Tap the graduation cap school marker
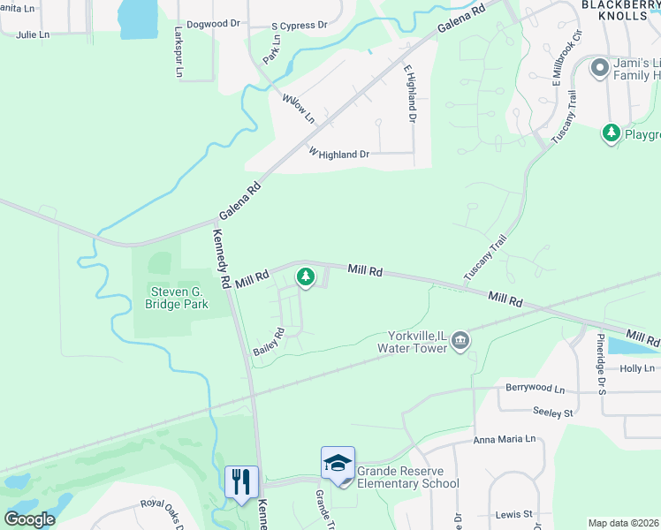point(338,463)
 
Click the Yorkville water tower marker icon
point(460,340)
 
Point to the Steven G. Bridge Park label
point(177,298)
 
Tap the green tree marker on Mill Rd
point(306,277)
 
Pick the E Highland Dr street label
point(410,93)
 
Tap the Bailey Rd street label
point(269,342)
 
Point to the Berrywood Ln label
point(535,388)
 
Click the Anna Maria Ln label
point(505,439)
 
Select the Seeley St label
point(553,412)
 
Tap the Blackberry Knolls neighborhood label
point(620,10)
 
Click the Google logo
point(30,519)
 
